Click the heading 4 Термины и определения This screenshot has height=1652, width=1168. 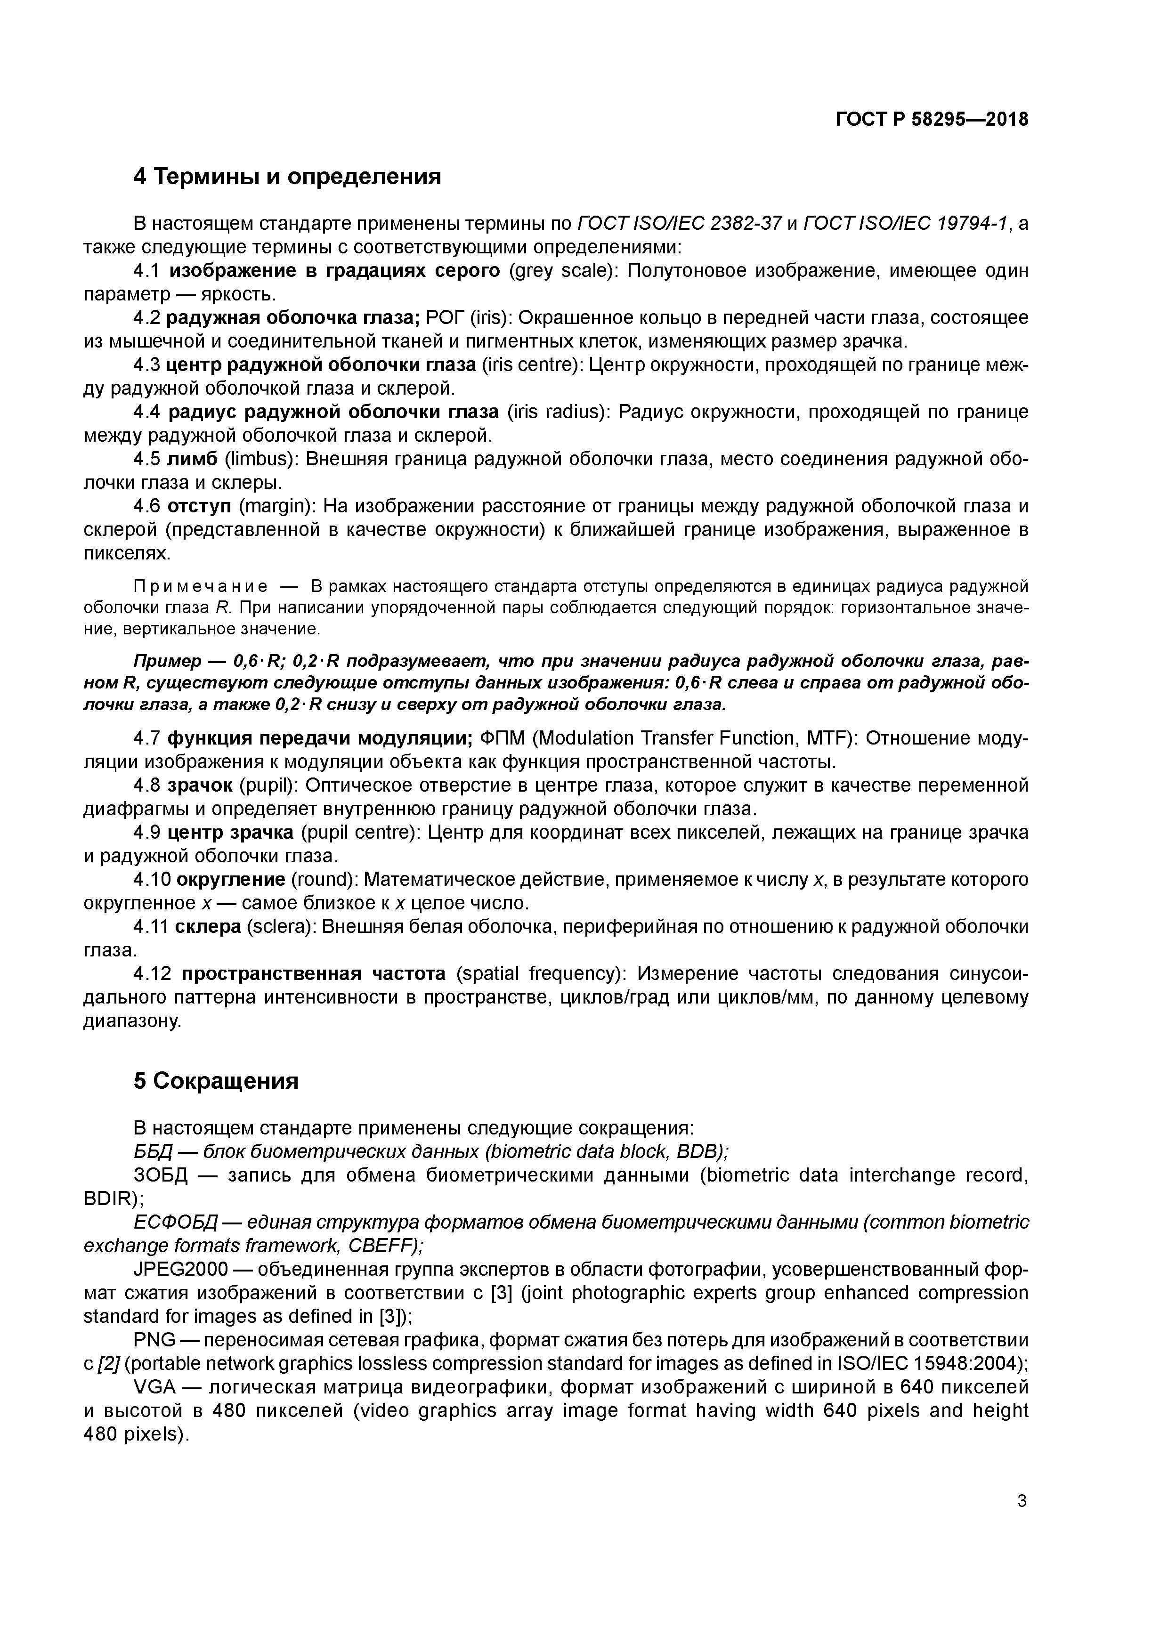pos(287,176)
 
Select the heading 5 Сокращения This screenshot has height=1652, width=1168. pos(216,1081)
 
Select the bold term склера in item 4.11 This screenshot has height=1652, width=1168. pos(208,927)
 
